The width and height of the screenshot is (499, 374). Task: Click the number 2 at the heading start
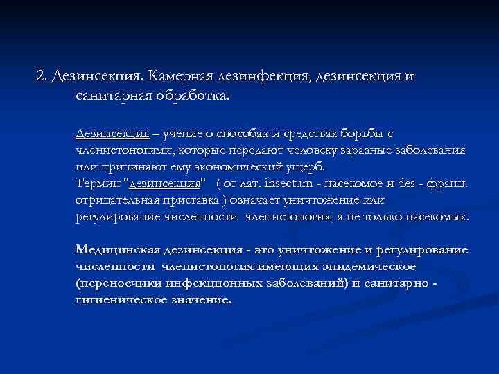coord(40,75)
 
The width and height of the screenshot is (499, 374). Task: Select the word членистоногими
coord(124,150)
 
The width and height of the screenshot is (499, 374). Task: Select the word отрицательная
coord(117,200)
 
